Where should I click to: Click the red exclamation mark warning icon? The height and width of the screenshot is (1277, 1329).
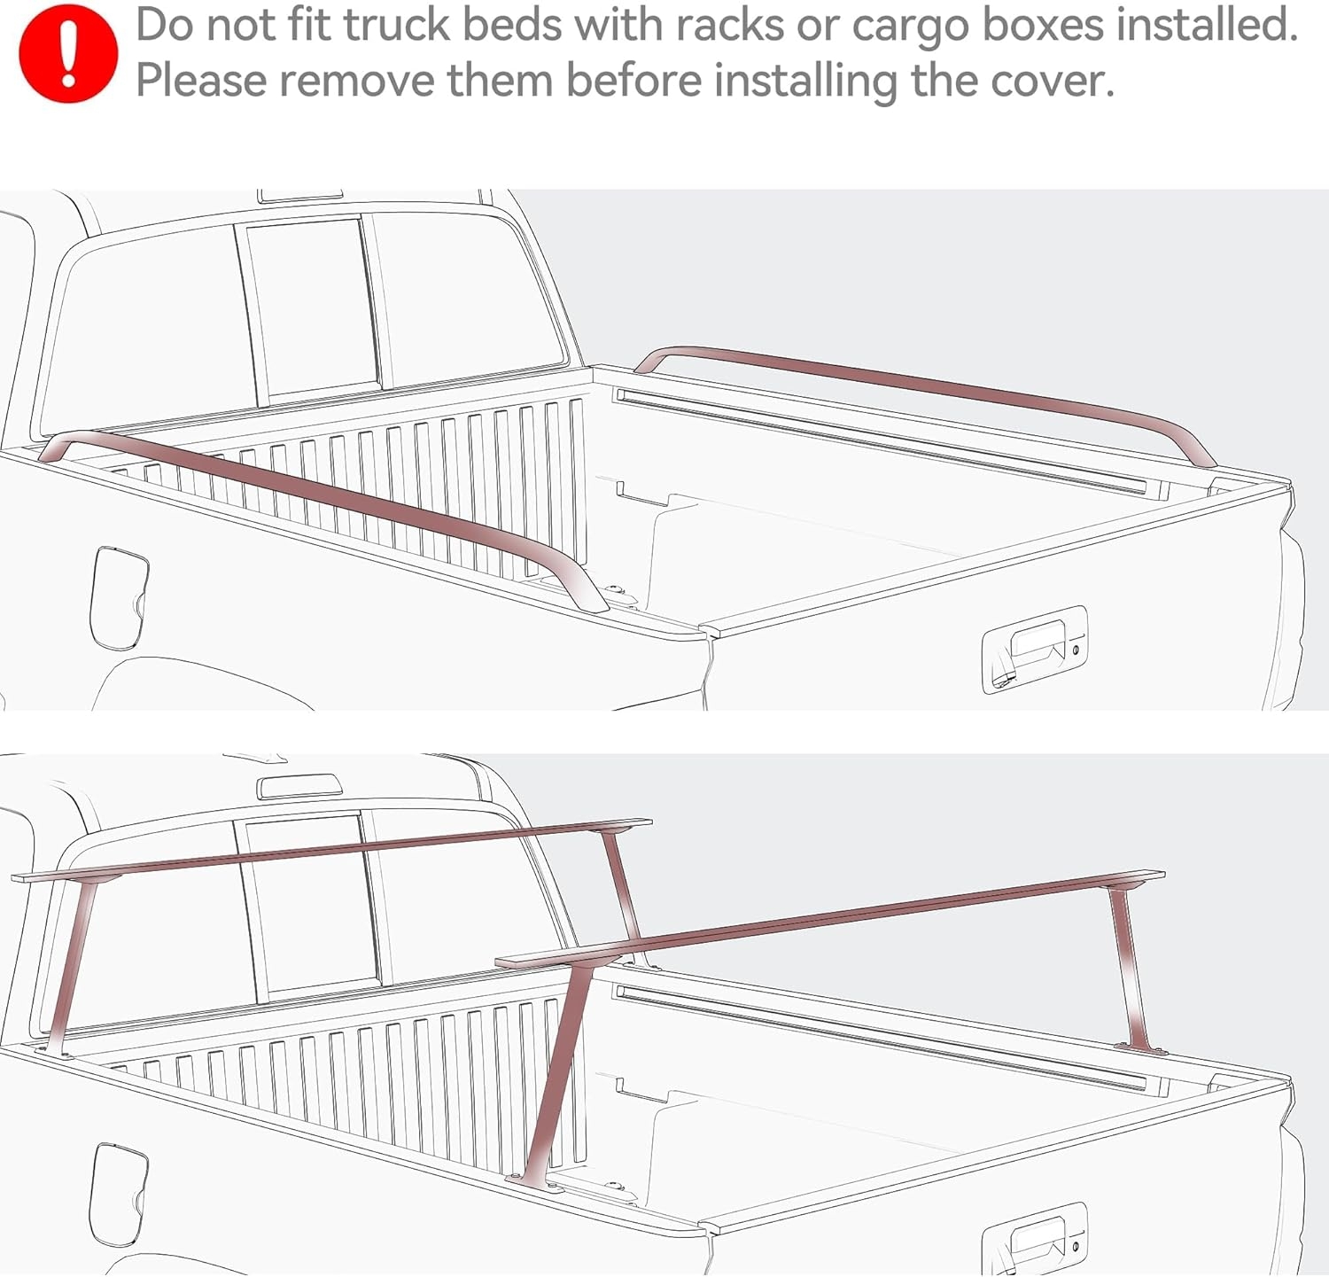(x=67, y=54)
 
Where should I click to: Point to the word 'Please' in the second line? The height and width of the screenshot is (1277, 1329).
(x=201, y=81)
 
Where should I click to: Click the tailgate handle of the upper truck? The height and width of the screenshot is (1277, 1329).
(x=1035, y=649)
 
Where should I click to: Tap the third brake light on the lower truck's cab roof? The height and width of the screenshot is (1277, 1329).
(x=299, y=785)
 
